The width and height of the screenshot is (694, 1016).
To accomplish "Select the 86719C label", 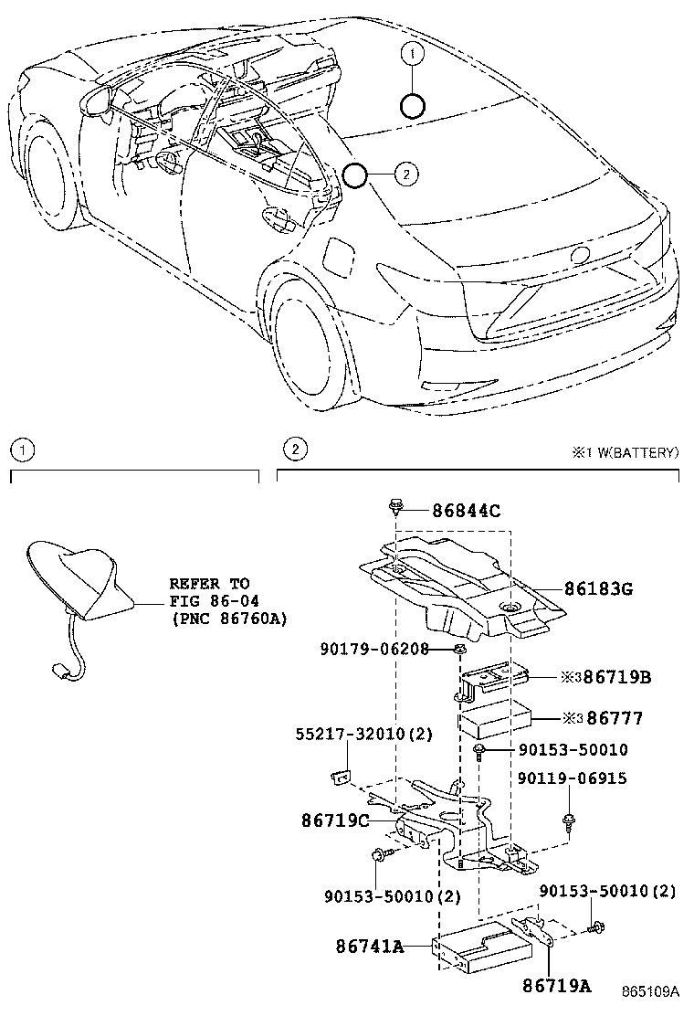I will click(334, 820).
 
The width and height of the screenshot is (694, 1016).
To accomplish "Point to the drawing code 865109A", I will click(652, 991).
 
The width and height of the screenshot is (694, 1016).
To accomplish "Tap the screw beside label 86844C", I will click(397, 505).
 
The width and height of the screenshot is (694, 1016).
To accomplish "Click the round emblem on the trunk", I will click(581, 255).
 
